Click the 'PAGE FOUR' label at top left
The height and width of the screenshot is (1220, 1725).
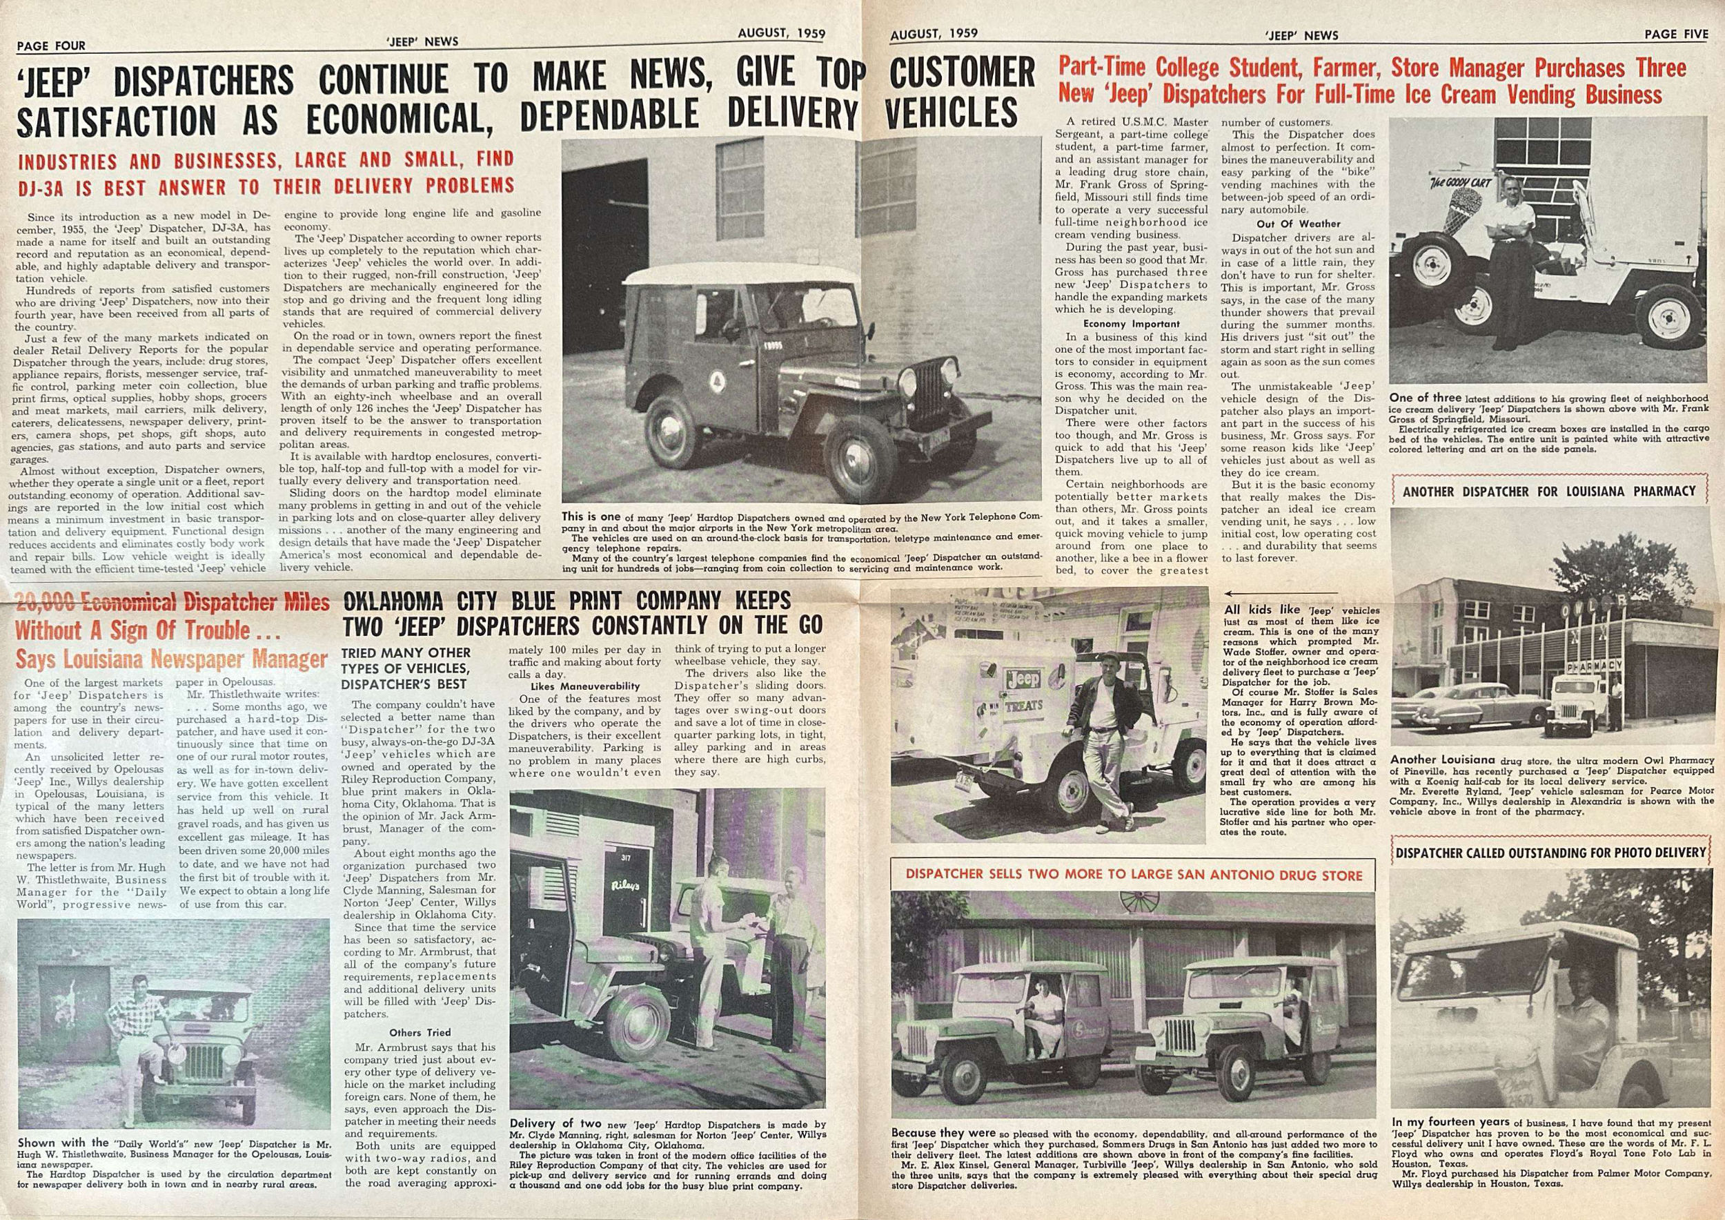51,45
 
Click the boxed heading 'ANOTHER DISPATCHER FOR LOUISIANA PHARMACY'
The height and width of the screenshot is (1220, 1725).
1549,491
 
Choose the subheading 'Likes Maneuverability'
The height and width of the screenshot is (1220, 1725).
584,686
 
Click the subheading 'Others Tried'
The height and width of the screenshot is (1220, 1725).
420,1032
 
